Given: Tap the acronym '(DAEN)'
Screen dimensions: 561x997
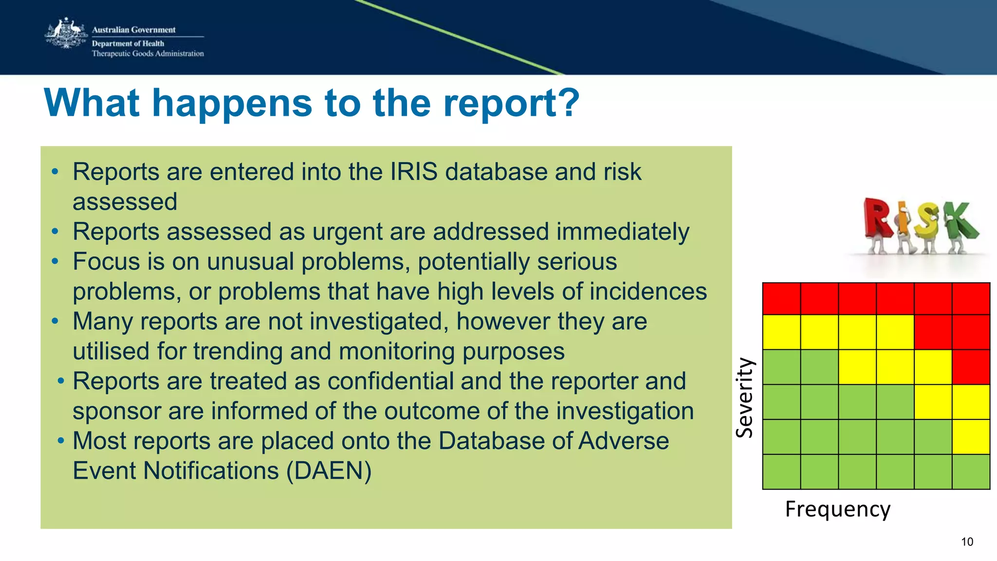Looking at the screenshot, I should tap(329, 471).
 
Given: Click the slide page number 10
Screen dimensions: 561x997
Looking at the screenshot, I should tap(967, 542).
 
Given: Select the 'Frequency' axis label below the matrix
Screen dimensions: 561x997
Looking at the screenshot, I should tap(837, 509).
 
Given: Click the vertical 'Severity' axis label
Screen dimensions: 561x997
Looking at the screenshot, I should tap(744, 398).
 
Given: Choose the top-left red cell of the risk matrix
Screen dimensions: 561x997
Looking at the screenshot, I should tap(781, 298).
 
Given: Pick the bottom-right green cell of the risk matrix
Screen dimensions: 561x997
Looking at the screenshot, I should tap(971, 471).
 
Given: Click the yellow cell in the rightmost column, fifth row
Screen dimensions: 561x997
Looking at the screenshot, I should tap(971, 436).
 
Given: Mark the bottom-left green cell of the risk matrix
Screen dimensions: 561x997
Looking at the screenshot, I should tap(781, 471).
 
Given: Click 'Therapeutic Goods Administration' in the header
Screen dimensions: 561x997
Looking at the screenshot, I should tap(148, 54).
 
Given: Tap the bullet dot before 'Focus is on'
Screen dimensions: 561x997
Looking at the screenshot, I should tap(55, 262).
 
